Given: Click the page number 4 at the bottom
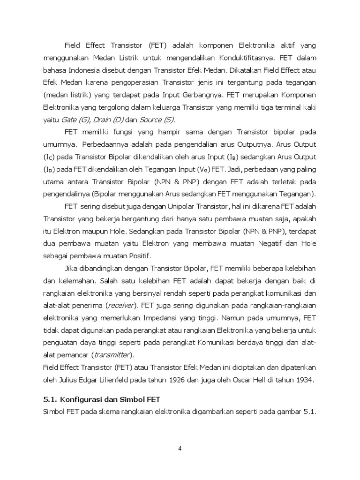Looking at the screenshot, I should (180, 448).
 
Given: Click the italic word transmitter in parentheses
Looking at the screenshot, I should (112, 354).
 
